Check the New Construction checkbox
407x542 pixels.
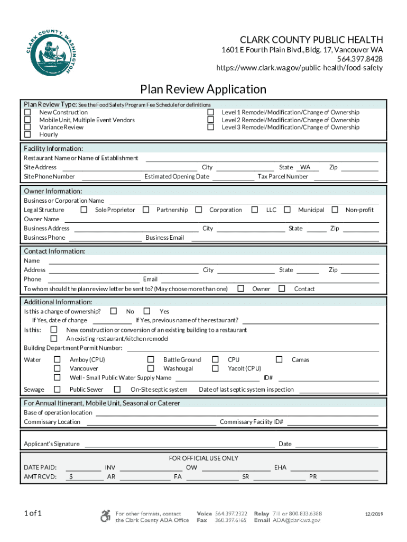coord(27,112)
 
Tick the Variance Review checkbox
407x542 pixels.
coord(27,127)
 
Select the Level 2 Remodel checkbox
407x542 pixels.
coord(210,120)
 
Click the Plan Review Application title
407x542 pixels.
coord(203,89)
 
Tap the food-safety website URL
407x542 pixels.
coord(300,68)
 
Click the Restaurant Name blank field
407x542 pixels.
coord(262,158)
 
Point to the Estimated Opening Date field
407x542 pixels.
coord(233,177)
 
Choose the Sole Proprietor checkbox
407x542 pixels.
coord(84,210)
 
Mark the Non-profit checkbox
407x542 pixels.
coord(335,210)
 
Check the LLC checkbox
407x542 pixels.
coord(255,210)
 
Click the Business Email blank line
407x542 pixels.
coord(284,238)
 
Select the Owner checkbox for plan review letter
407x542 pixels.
coord(241,288)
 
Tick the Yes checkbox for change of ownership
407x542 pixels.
coord(147,311)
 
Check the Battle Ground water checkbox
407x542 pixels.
coord(151,360)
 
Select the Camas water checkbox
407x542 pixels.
coord(279,360)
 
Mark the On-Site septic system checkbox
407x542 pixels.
coord(117,390)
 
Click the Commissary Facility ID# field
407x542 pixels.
coord(332,422)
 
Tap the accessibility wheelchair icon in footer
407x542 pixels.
coord(106,516)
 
